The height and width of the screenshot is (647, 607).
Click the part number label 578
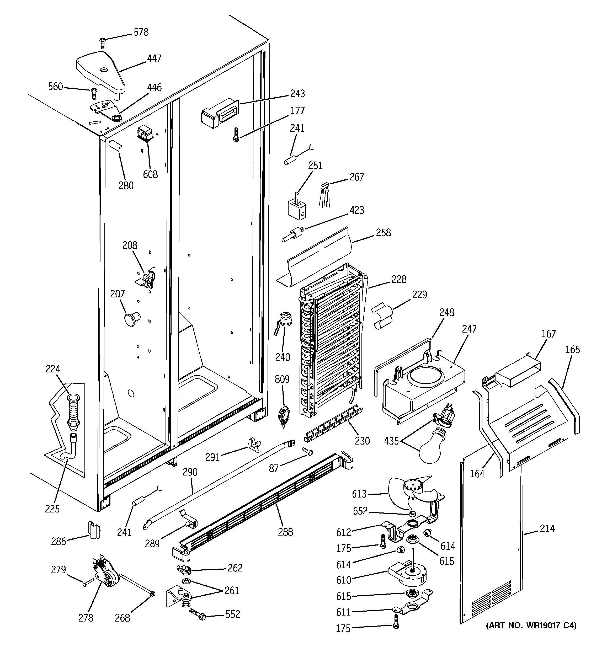[x=141, y=32]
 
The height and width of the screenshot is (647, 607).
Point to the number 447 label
[x=154, y=58]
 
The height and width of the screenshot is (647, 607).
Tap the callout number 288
[x=285, y=532]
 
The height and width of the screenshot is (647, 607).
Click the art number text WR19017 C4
[x=531, y=625]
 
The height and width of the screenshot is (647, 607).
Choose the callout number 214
[x=547, y=528]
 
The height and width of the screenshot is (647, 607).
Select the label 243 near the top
[x=297, y=94]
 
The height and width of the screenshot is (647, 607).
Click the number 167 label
[x=549, y=334]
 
